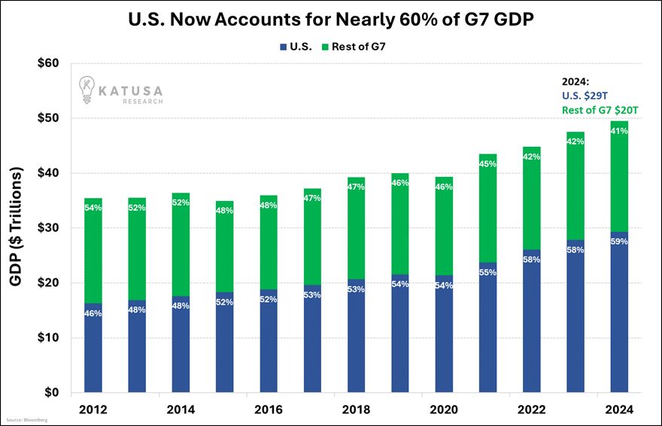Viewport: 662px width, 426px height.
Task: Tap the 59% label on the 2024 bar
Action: tap(618, 242)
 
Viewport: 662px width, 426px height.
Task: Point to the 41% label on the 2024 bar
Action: tap(618, 131)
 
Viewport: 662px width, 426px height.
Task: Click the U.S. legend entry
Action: tap(296, 47)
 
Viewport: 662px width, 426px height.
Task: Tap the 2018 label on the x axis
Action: tap(356, 410)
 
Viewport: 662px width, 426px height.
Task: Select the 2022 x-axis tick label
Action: tap(531, 410)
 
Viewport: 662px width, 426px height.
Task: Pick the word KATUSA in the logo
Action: tap(133, 88)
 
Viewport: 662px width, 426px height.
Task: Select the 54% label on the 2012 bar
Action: tap(93, 207)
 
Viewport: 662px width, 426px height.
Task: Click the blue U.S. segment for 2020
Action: tap(443, 335)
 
